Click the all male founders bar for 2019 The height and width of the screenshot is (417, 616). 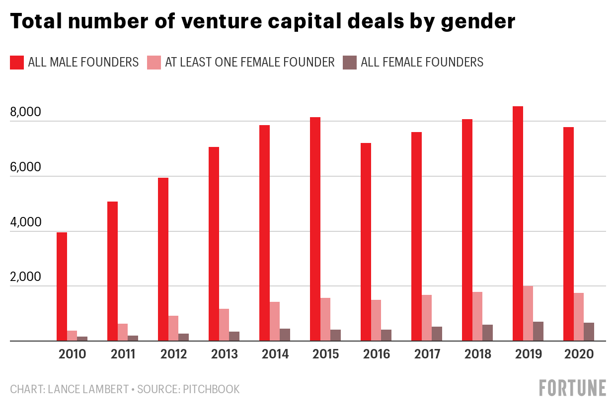click(x=517, y=223)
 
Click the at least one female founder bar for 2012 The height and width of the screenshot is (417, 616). click(x=173, y=328)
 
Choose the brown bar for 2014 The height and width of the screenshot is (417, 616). click(x=285, y=335)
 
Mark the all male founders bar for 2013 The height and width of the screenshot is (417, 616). click(x=214, y=244)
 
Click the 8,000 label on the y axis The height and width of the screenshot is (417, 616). click(x=25, y=112)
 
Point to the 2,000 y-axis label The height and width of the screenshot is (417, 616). click(x=25, y=277)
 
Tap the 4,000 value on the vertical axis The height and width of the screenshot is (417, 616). click(x=25, y=222)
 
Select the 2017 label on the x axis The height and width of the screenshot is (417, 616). click(x=427, y=354)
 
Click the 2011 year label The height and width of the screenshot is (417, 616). click(x=123, y=354)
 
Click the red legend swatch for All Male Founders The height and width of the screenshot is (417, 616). click(x=17, y=63)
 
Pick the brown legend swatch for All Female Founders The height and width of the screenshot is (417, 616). click(x=350, y=63)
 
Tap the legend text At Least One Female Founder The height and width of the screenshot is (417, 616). click(x=249, y=63)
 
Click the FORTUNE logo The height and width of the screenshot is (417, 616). click(x=573, y=388)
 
